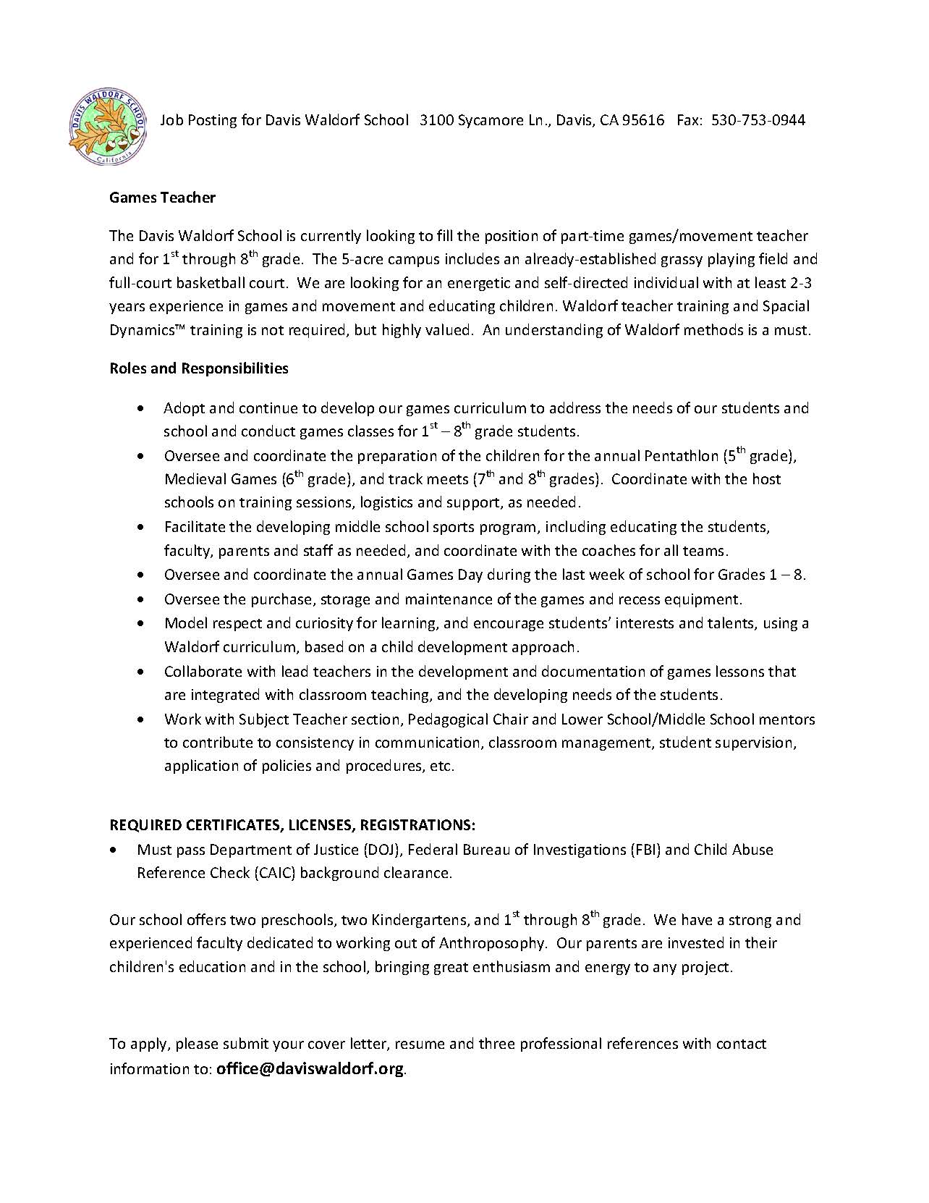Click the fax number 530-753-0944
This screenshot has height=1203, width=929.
coord(758,120)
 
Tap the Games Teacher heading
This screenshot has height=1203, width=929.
coord(162,197)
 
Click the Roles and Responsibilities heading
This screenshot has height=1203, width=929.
coord(198,368)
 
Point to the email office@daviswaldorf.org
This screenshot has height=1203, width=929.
coord(310,1069)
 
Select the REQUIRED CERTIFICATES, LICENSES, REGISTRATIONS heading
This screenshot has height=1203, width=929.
coord(292,825)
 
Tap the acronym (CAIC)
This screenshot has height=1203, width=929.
coord(274,873)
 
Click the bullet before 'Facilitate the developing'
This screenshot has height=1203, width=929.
coord(140,528)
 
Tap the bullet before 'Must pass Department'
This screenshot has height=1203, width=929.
coord(113,850)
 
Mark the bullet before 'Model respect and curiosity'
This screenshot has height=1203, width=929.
coord(140,624)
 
